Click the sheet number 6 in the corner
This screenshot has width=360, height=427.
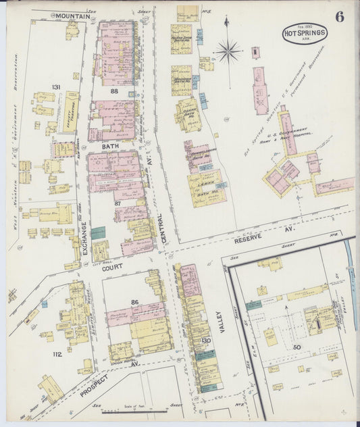(x=339, y=17)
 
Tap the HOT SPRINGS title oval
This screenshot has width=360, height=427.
(x=305, y=33)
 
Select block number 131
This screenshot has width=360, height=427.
(x=56, y=86)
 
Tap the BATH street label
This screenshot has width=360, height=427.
(x=110, y=145)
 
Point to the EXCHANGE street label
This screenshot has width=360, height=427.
(x=84, y=238)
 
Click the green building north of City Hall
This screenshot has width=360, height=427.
(x=99, y=232)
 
